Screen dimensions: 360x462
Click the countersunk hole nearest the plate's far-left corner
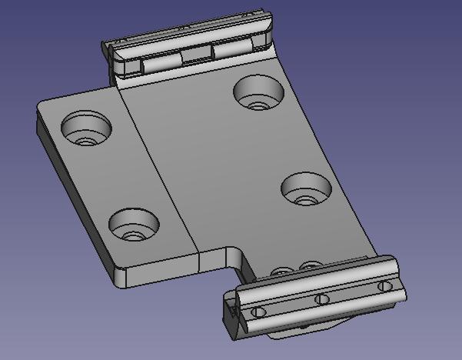coord(85,128)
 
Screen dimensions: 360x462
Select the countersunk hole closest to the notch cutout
coord(134,225)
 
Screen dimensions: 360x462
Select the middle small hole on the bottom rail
coord(322,299)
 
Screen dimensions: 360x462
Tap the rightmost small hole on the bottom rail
coord(384,286)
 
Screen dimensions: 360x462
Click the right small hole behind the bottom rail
coord(311,266)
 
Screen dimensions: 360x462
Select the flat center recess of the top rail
coord(196,55)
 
